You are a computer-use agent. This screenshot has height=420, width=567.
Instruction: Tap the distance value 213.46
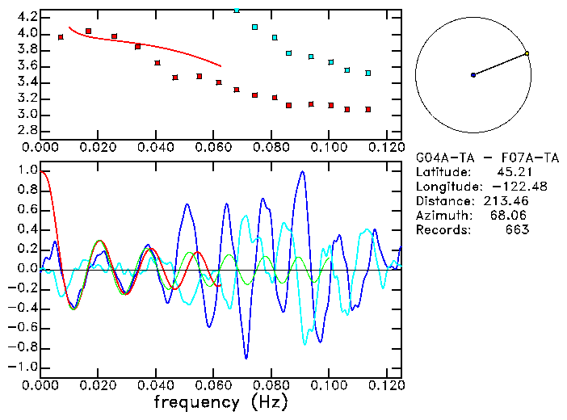(x=506, y=201)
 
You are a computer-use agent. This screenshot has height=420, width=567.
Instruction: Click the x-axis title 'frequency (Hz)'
(x=220, y=401)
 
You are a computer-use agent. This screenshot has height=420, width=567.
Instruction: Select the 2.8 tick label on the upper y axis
(x=27, y=130)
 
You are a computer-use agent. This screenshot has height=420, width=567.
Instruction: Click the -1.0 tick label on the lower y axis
(x=23, y=367)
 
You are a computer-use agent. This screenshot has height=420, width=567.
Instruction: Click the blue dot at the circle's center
(x=473, y=75)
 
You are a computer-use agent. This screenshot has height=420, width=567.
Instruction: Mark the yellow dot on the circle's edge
(x=527, y=53)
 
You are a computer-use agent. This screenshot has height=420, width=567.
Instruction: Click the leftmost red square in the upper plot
(x=61, y=37)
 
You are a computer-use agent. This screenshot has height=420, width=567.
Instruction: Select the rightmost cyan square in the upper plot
(x=367, y=73)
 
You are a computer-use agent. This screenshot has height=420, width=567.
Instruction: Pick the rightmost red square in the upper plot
(x=367, y=109)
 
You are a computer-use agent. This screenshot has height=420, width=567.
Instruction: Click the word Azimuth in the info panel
(x=441, y=216)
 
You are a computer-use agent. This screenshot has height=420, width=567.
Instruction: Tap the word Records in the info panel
(x=441, y=230)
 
